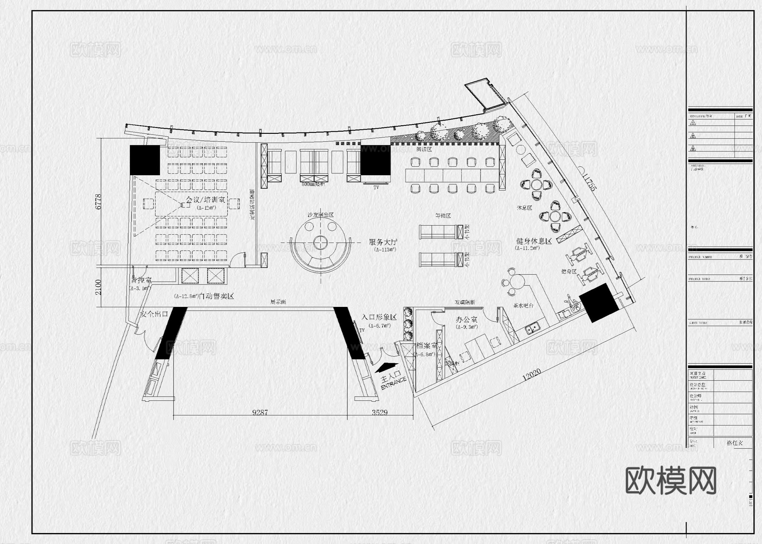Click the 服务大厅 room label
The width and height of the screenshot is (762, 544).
point(383,242)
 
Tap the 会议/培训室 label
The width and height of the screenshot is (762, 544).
point(206,199)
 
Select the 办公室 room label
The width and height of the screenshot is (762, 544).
point(467,320)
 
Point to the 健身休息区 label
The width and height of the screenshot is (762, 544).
point(534,241)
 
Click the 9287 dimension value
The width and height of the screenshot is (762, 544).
point(260,412)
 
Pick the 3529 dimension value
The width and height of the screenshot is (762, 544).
point(379,412)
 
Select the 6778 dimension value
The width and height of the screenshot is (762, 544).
point(99,202)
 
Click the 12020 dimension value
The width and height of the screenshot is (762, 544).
point(531,374)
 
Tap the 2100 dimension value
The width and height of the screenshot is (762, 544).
point(99,287)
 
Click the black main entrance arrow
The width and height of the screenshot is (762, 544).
point(387,367)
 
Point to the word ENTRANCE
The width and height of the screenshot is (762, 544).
point(394,383)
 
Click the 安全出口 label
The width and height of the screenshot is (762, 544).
point(154,314)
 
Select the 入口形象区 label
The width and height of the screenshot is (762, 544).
point(379,317)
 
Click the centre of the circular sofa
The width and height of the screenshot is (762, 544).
point(321,243)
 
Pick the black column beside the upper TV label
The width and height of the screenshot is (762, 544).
point(375,160)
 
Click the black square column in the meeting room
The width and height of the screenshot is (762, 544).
point(145,160)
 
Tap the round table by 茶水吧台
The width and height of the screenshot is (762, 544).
point(517,282)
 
